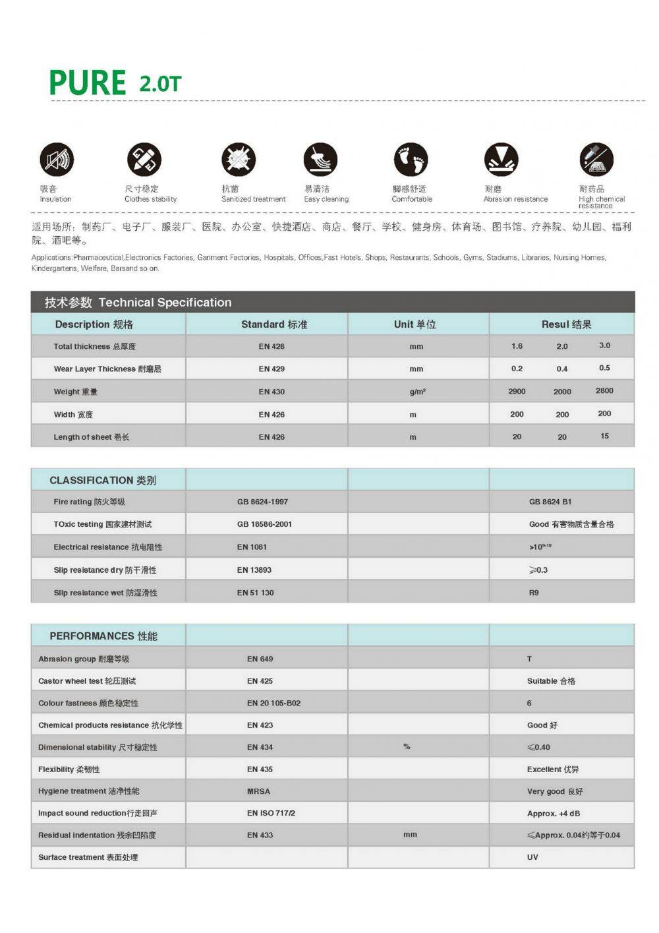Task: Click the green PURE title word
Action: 87,83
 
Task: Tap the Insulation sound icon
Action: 57,160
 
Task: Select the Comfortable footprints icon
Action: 411,160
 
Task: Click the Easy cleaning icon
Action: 320,160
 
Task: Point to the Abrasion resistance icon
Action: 501,160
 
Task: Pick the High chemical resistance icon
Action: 596,160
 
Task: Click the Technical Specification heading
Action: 165,303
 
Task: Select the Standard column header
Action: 273,324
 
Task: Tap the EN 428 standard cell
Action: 272,347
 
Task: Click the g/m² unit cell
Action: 417,392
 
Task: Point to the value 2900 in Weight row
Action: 517,392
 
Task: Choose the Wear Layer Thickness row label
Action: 107,369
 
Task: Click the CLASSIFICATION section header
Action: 103,481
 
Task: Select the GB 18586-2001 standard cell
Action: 264,524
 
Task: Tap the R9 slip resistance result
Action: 534,593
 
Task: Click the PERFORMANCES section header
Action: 103,636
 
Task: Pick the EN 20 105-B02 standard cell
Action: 273,703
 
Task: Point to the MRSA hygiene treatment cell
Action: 258,791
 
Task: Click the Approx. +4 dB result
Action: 554,814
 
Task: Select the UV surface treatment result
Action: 532,857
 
